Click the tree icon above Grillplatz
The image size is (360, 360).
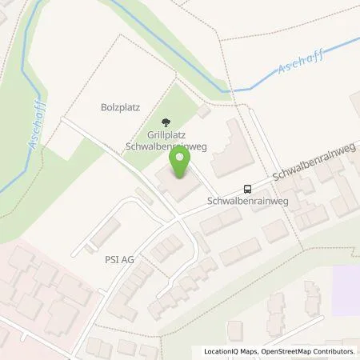tap(166, 122)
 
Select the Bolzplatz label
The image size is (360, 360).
tap(119, 106)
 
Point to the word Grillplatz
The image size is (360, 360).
tap(166, 136)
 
